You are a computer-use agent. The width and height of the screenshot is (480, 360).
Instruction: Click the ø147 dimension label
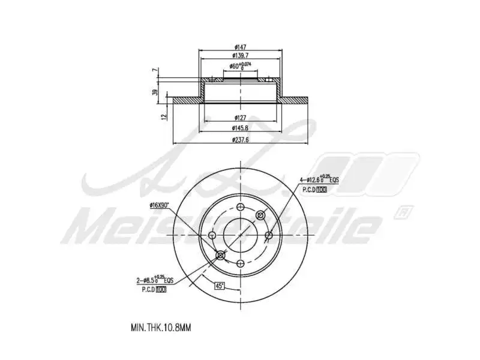(240, 47)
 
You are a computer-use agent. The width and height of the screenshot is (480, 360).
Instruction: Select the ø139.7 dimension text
(240, 56)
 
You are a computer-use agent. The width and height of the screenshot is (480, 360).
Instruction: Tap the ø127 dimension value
(240, 118)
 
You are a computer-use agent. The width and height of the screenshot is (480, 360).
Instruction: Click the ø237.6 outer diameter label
(240, 140)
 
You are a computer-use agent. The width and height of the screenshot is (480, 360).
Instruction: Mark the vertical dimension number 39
(155, 92)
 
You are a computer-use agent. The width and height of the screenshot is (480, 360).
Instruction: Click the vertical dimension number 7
(155, 71)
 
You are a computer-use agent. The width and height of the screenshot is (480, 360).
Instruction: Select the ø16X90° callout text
(160, 205)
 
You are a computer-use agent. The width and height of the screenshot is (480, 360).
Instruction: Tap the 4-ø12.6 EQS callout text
(319, 179)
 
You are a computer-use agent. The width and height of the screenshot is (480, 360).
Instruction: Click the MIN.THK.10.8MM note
(160, 328)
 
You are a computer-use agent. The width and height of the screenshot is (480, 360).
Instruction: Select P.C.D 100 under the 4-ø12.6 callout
(314, 190)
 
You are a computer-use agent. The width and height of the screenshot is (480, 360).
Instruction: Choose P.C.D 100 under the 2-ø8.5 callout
(153, 290)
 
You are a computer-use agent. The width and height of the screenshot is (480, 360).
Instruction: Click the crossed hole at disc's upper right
(260, 215)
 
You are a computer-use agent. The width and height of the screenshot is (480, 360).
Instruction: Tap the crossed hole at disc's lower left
(220, 256)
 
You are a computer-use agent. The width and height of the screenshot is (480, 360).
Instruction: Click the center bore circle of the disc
(240, 235)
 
